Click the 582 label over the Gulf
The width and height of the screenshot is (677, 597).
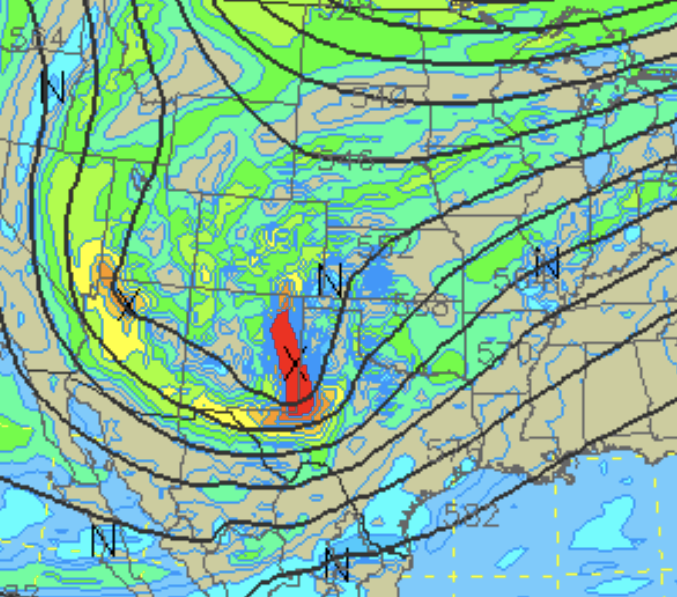(471, 516)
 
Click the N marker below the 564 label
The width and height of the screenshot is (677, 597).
(53, 88)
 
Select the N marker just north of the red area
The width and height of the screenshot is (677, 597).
(330, 281)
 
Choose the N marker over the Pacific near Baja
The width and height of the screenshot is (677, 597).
(103, 541)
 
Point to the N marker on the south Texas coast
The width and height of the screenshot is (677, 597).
(337, 565)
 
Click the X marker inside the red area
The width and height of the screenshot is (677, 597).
(293, 362)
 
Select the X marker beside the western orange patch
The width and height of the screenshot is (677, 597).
(128, 302)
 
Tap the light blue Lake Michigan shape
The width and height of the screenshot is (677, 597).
(597, 166)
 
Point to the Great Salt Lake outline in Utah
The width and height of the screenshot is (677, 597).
(139, 181)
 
